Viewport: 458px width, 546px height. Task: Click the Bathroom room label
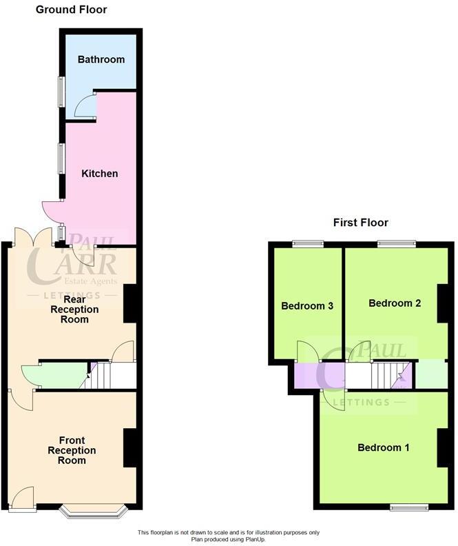[x=101, y=59]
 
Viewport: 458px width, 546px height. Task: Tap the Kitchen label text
[x=100, y=174]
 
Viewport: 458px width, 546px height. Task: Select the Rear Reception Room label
[x=81, y=310]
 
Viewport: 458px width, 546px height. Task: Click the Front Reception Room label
[x=76, y=450]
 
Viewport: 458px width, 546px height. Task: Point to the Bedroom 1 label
[x=384, y=448]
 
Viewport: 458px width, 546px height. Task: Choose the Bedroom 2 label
[x=395, y=303]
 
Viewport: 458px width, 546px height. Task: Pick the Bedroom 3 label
[x=307, y=305]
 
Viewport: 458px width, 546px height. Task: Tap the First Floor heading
[x=360, y=223]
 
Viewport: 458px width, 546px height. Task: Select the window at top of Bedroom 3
[x=308, y=243]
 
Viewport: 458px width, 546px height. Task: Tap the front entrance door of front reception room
[x=23, y=498]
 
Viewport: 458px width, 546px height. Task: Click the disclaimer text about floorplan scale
[x=229, y=535]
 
